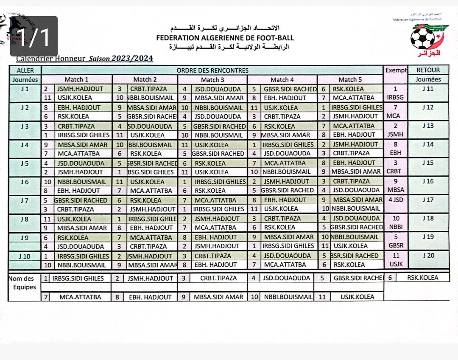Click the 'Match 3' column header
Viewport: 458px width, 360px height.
click(x=212, y=79)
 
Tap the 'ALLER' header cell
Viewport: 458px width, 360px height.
click(x=25, y=70)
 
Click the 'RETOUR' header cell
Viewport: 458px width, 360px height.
click(x=428, y=70)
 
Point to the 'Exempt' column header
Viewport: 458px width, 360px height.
click(x=396, y=70)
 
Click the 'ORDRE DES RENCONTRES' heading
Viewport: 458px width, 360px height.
click(x=212, y=70)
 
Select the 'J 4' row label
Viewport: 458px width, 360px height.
click(x=25, y=144)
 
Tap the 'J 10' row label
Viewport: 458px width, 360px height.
click(x=25, y=256)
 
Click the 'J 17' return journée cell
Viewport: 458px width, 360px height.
click(x=428, y=200)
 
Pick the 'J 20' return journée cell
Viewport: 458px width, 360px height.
click(x=428, y=256)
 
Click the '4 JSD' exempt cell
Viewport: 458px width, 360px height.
click(x=396, y=200)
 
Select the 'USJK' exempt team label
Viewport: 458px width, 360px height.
click(x=396, y=264)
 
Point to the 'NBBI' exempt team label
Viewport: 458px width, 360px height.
click(x=396, y=227)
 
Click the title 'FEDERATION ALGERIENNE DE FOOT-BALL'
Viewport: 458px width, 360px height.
click(x=225, y=38)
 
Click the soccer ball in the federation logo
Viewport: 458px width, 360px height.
click(x=422, y=39)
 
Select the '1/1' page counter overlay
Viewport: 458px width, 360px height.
click(x=34, y=37)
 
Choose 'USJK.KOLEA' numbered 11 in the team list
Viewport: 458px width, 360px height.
click(x=357, y=297)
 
